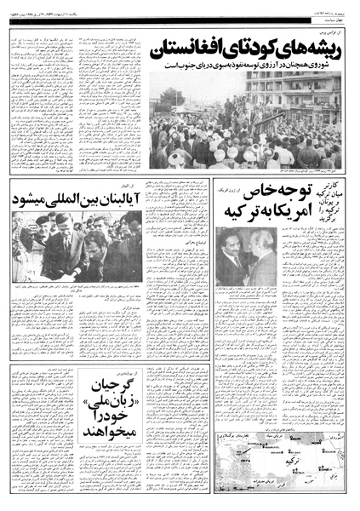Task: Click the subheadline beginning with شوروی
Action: click(247, 69)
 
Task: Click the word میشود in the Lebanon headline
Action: click(34, 200)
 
